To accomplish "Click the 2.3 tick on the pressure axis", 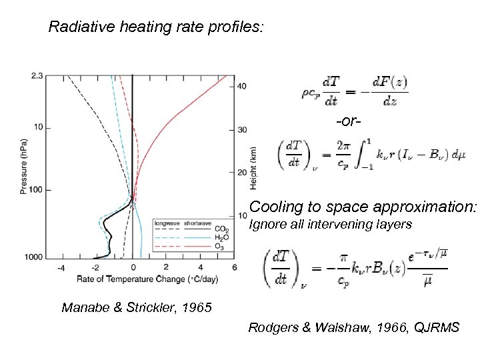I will click(37, 76).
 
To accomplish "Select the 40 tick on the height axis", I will click(242, 86).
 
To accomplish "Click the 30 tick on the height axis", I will click(242, 129).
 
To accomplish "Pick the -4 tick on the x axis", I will click(61, 267).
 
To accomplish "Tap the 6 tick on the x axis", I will click(235, 267).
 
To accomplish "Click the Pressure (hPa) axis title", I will click(24, 167).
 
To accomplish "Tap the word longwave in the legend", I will click(167, 223).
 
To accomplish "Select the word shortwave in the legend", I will click(197, 223).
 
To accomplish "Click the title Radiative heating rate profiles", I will click(157, 27).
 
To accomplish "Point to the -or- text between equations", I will click(349, 122).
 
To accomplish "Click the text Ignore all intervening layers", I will click(330, 225).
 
